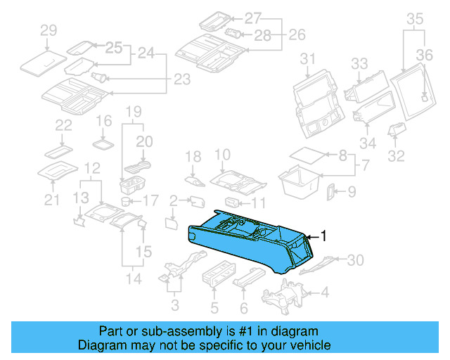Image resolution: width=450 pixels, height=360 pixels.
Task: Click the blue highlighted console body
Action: [246, 246]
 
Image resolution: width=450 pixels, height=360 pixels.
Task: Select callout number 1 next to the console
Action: [324, 236]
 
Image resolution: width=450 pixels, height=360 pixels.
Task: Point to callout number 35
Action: [416, 19]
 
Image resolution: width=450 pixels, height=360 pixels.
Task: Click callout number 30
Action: [356, 260]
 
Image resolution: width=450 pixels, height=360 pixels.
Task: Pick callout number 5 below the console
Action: [215, 307]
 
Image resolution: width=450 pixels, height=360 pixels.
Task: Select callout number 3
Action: [175, 305]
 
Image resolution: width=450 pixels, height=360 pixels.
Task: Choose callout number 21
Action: [51, 201]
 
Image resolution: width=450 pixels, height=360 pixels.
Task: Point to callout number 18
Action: [193, 156]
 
